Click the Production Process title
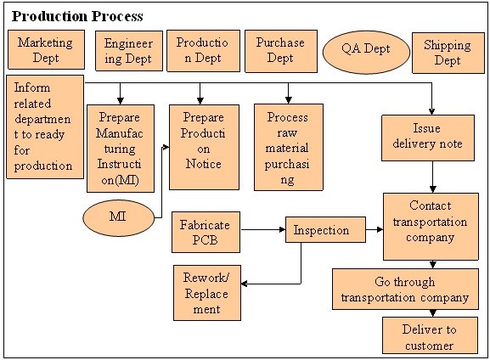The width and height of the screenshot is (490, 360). [x=77, y=16]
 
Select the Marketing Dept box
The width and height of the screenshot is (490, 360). [x=46, y=50]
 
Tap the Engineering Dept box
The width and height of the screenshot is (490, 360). [x=129, y=51]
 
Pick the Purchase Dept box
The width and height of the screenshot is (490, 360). [x=281, y=51]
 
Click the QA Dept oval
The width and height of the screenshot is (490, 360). [x=366, y=52]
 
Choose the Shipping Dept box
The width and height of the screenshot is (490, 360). [x=448, y=53]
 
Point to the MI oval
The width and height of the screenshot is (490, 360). [x=118, y=218]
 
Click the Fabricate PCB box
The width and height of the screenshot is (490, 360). [x=206, y=232]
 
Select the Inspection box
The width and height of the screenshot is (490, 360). [x=325, y=230]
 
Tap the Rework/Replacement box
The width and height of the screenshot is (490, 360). [x=207, y=293]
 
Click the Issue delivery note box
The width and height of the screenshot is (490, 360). [x=428, y=138]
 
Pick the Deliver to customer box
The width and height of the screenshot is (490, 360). [x=430, y=335]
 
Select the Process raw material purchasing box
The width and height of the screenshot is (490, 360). [x=289, y=147]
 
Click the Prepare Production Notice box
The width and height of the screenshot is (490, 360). [x=204, y=147]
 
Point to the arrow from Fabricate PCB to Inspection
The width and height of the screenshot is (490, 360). [x=263, y=230]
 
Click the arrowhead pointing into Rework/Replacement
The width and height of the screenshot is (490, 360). [x=244, y=284]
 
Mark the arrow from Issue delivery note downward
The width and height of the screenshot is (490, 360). [x=433, y=177]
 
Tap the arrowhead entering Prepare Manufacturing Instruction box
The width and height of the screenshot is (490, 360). [x=121, y=101]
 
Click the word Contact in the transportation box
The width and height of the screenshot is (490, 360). [x=431, y=205]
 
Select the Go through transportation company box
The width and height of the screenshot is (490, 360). [x=405, y=289]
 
